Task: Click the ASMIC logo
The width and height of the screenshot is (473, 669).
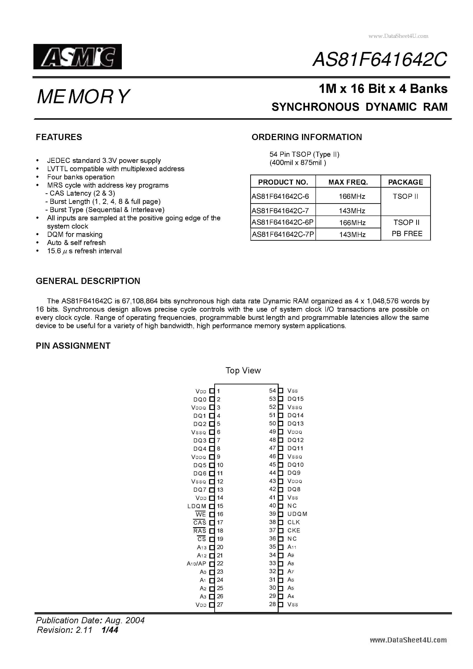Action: (x=78, y=57)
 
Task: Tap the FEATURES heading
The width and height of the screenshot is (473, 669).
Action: (x=59, y=137)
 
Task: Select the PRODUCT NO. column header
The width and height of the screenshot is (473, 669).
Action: (x=283, y=182)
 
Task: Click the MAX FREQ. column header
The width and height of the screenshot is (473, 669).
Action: (x=348, y=182)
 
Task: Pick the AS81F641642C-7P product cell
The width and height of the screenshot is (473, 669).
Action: (x=283, y=235)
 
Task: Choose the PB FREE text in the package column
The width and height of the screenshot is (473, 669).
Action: (x=407, y=234)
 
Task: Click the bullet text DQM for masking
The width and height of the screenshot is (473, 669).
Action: (x=75, y=235)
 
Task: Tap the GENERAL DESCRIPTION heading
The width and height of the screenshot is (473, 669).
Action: (x=88, y=281)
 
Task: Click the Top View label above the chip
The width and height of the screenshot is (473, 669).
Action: (x=243, y=370)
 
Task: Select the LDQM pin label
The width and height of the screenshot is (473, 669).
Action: (x=197, y=506)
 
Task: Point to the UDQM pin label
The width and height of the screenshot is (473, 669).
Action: (x=297, y=514)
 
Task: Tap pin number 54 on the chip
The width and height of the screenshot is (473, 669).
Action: (x=272, y=391)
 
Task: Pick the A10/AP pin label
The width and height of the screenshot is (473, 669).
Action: (x=196, y=564)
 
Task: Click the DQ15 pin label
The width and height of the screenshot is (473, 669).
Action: (x=295, y=399)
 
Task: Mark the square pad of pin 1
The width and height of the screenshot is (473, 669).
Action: (x=212, y=391)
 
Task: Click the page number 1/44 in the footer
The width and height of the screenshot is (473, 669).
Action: (x=110, y=630)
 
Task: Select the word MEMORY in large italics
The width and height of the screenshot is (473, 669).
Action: (x=83, y=97)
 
